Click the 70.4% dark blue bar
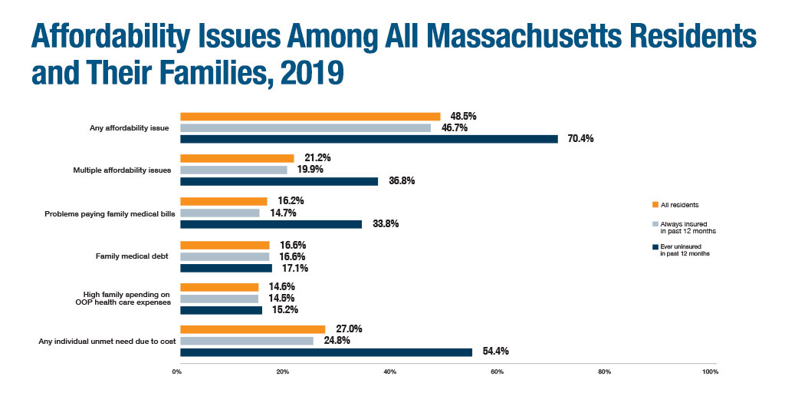[369, 139]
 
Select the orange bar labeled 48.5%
[310, 117]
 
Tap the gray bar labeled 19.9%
[234, 170]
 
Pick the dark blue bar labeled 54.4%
[326, 352]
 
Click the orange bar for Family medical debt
[225, 245]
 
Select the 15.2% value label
[284, 309]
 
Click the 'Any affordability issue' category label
[130, 128]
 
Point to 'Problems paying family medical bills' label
[111, 213]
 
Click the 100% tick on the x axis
[709, 372]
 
